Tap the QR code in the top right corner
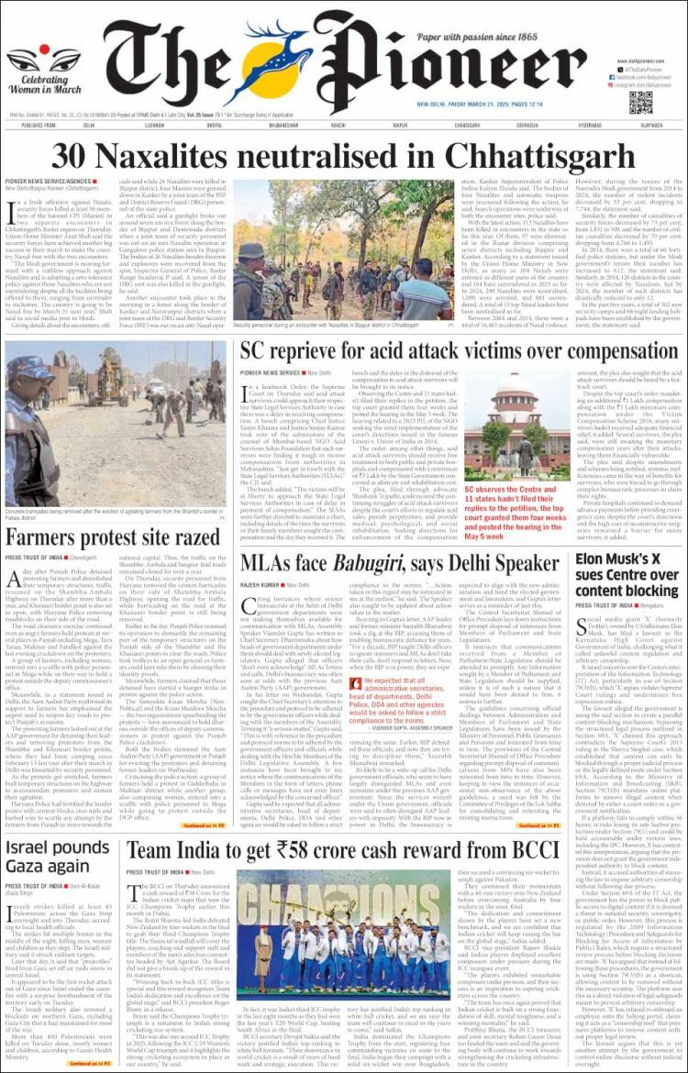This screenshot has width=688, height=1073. [x=640, y=101]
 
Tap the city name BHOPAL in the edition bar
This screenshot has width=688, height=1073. [x=214, y=125]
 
